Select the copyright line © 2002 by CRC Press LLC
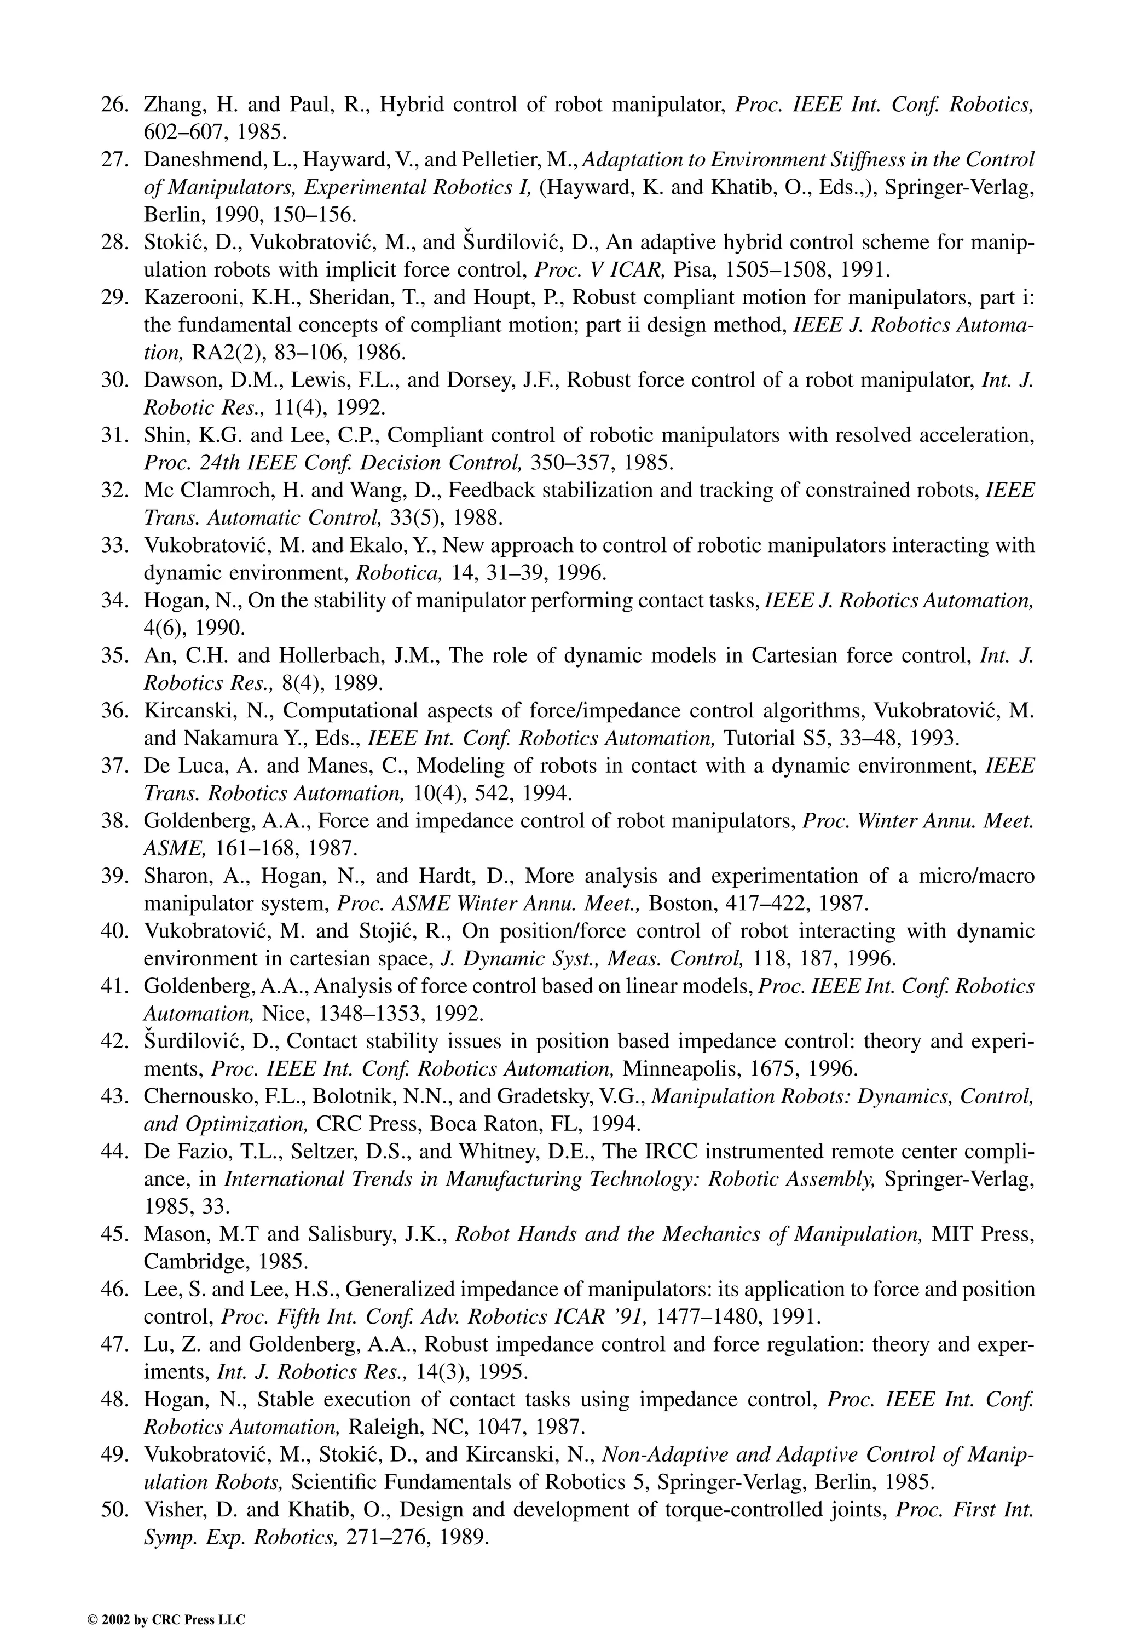coord(166,1620)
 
